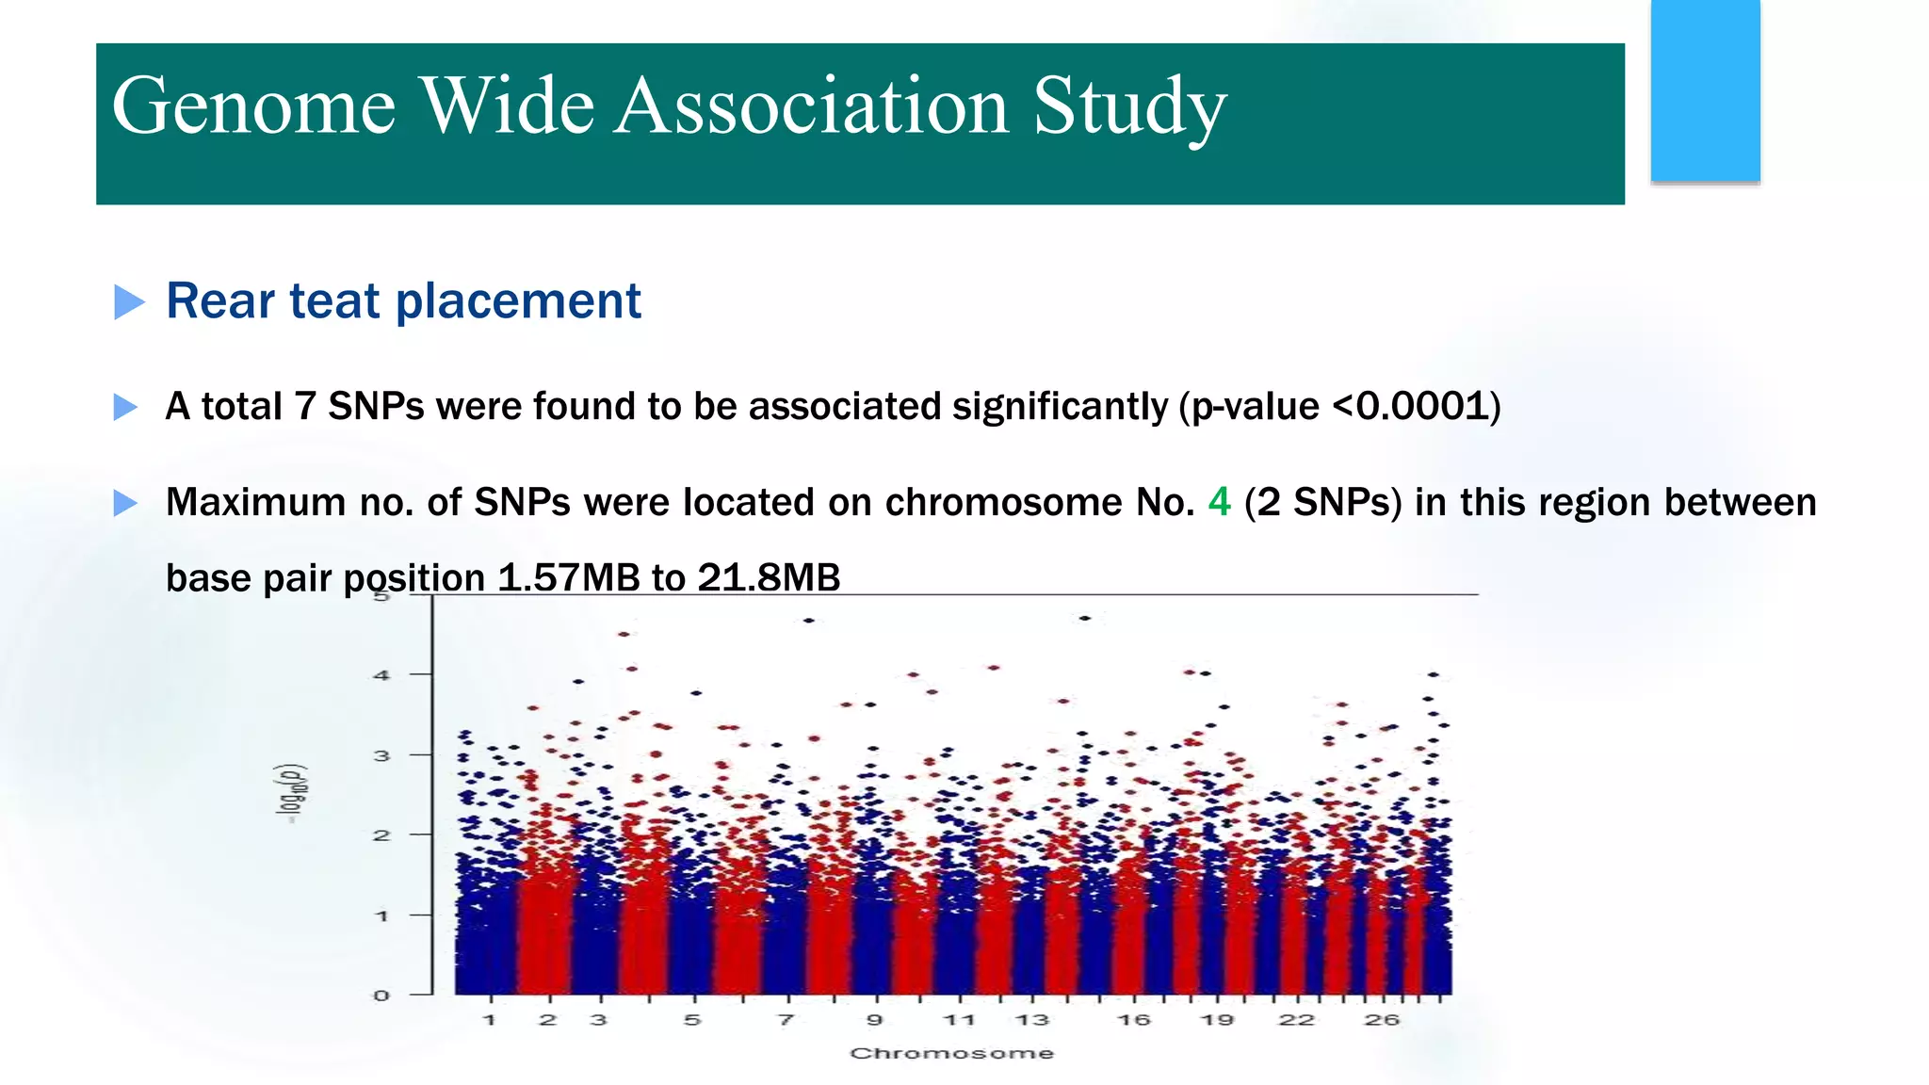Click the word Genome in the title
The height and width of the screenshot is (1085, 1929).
[x=252, y=105]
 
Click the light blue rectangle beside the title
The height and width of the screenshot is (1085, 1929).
[x=1705, y=90]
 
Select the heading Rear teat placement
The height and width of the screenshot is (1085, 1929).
[x=403, y=301]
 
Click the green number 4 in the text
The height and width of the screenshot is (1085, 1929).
[x=1219, y=502]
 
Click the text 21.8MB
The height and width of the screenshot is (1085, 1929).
[x=769, y=577]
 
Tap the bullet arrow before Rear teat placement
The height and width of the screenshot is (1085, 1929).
[x=129, y=302]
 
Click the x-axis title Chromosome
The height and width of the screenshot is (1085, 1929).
[x=951, y=1053]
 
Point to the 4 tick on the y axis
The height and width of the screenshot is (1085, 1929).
[x=381, y=675]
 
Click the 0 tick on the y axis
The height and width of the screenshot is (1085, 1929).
[x=381, y=996]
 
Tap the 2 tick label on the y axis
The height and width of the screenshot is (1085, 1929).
[x=381, y=835]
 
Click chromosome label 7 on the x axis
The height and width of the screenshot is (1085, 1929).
[x=786, y=1020]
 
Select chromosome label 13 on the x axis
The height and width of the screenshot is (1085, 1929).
[x=1032, y=1020]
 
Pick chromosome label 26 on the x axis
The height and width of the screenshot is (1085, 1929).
[x=1382, y=1020]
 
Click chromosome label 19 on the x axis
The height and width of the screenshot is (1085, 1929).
[x=1217, y=1020]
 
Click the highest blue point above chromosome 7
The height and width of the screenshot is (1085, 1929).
[x=808, y=621]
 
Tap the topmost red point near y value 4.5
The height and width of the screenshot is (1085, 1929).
[x=624, y=635]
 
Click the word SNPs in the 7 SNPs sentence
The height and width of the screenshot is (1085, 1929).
[x=376, y=407]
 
